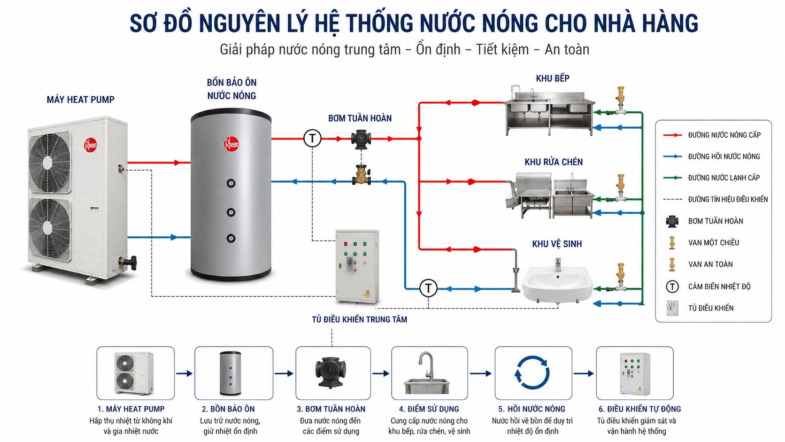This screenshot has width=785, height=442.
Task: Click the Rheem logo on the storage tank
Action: [231, 144]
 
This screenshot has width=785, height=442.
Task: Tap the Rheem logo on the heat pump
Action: [90, 145]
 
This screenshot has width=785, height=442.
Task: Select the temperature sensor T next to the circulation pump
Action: [312, 139]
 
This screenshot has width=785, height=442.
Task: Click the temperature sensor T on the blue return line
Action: [428, 288]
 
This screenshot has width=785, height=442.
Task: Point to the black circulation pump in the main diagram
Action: [361, 139]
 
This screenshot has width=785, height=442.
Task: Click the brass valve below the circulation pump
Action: [362, 175]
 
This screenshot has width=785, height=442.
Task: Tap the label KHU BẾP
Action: [553, 78]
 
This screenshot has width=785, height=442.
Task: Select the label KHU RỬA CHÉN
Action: [554, 162]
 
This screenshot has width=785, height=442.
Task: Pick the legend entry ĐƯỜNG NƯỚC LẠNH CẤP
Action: [724, 178]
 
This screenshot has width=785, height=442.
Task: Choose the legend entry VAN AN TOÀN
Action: [710, 264]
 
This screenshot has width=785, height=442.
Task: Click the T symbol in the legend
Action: [672, 287]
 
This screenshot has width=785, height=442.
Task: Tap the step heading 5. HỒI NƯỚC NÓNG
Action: [531, 409]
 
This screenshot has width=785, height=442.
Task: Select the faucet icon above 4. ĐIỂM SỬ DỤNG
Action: [427, 372]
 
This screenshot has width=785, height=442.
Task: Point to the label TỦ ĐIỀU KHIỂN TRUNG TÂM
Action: [360, 319]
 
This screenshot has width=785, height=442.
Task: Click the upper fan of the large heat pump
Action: [50, 162]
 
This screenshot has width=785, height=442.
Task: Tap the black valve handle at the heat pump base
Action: [132, 262]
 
